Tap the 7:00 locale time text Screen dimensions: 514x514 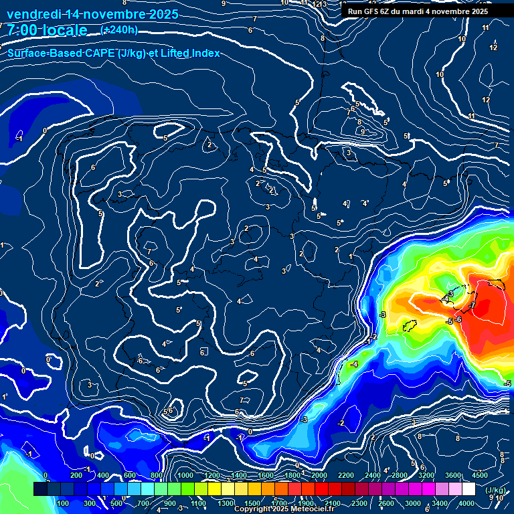[47, 30]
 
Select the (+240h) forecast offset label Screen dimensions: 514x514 [119, 30]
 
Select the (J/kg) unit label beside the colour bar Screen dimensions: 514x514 [495, 491]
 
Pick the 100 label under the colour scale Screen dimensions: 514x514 [64, 503]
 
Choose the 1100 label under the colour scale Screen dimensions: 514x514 [199, 503]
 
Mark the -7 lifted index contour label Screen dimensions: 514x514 [472, 305]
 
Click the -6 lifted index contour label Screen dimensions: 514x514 [458, 319]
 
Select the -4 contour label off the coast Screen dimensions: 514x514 [354, 364]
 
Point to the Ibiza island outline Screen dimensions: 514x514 [410, 326]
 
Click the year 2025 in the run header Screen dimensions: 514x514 [476, 11]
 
